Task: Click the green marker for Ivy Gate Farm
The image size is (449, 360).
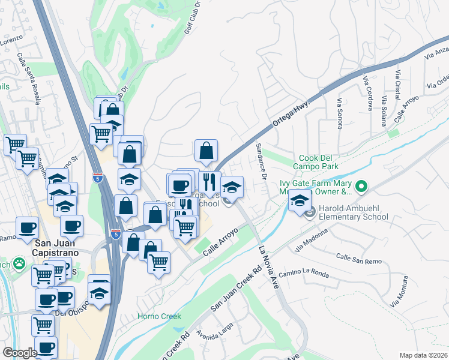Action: pyautogui.click(x=361, y=187)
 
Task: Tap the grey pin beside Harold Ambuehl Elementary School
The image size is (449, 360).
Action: pyautogui.click(x=310, y=212)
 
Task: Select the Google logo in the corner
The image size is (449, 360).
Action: pyautogui.click(x=20, y=353)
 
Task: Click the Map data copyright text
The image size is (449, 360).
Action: pyautogui.click(x=423, y=355)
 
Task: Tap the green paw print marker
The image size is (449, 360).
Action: pyautogui.click(x=20, y=263)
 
